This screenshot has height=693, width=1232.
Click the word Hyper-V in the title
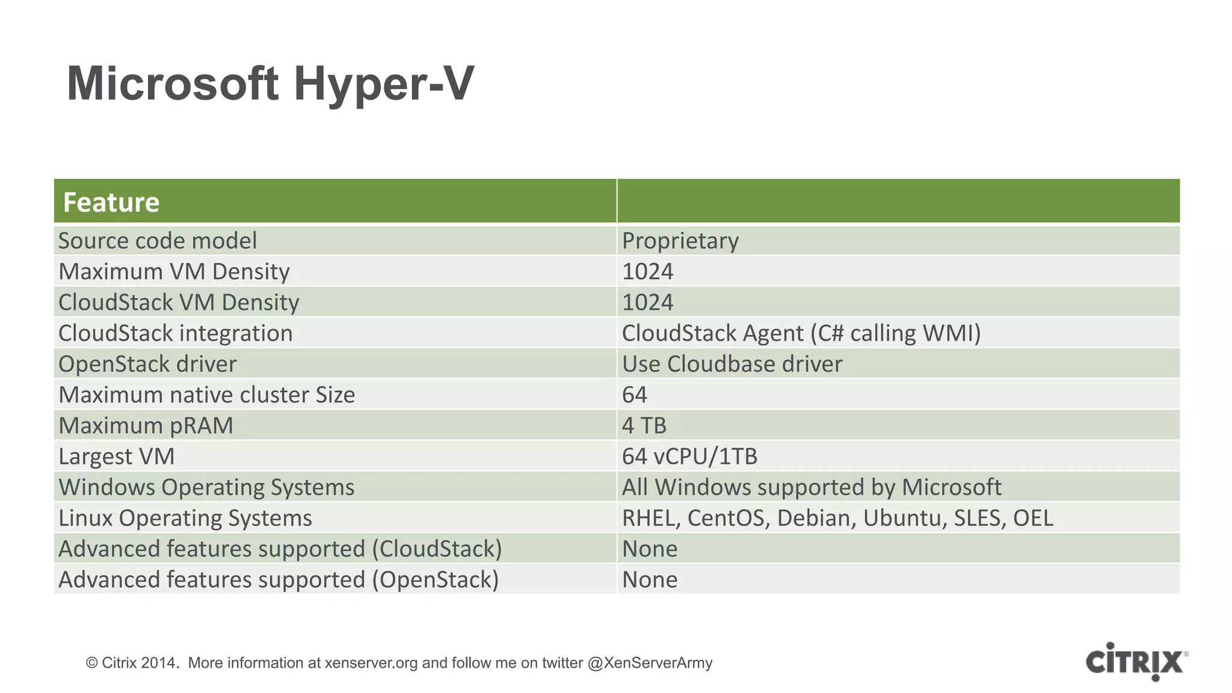[384, 84]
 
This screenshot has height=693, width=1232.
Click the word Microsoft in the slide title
[173, 84]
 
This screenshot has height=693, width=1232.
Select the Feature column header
[111, 202]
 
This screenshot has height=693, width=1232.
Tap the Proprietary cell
[680, 241]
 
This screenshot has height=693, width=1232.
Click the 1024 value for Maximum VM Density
[647, 271]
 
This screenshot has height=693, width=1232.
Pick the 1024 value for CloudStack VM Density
[647, 302]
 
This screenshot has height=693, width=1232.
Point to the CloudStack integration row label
[176, 333]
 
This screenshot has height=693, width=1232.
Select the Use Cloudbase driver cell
[731, 364]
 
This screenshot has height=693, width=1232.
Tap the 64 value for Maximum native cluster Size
[635, 395]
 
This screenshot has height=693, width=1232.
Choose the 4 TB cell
[644, 425]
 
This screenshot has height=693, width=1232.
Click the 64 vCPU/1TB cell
[689, 456]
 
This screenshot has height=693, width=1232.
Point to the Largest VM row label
[117, 456]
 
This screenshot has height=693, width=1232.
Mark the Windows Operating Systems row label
[206, 487]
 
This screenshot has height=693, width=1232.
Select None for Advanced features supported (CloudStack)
[650, 549]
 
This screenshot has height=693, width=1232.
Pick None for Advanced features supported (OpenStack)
[650, 579]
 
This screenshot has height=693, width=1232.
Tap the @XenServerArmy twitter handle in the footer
[650, 663]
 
